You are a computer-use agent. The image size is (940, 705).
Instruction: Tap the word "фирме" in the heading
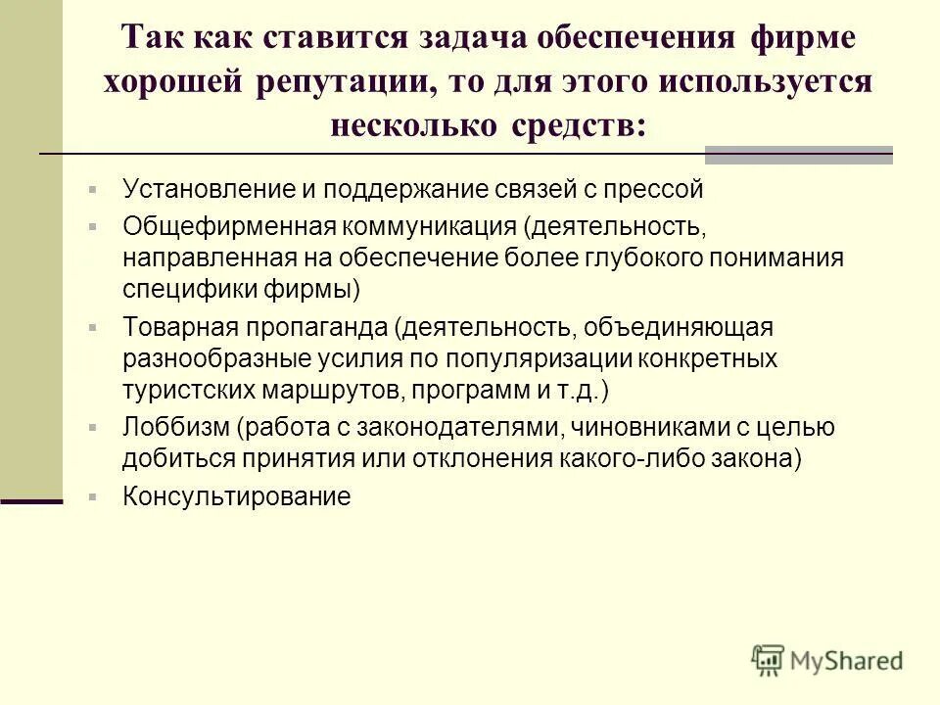click(x=803, y=38)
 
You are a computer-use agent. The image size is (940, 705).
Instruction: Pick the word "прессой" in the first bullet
click(x=655, y=189)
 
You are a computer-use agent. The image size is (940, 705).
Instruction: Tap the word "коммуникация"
click(x=428, y=227)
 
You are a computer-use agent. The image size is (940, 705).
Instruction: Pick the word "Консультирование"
click(x=236, y=496)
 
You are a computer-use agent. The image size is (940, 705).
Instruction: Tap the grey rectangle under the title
click(x=799, y=155)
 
